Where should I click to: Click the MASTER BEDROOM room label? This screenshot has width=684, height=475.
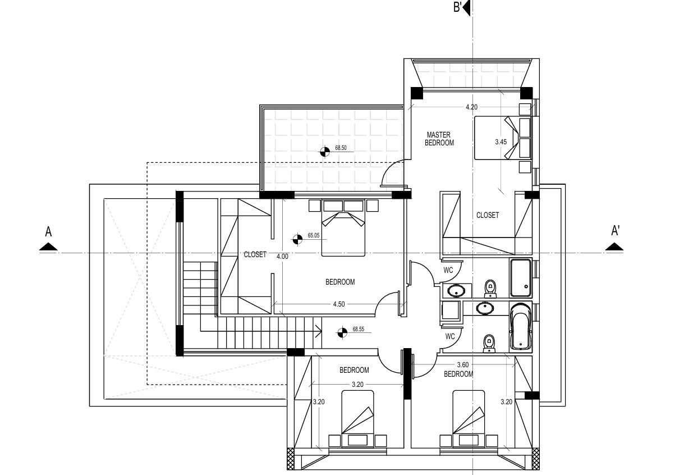(x=440, y=139)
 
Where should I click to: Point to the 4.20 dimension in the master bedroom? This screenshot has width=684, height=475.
(x=471, y=107)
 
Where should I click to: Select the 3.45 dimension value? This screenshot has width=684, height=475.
(x=501, y=142)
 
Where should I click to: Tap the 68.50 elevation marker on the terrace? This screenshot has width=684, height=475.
(x=324, y=150)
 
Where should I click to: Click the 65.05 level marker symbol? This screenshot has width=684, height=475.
(x=297, y=239)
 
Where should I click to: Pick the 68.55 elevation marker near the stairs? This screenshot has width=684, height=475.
(x=341, y=333)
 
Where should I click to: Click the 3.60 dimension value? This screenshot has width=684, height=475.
(x=463, y=365)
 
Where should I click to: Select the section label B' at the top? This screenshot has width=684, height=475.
(x=457, y=7)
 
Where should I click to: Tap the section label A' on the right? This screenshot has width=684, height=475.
(x=615, y=231)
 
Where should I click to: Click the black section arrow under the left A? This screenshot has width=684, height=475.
(x=48, y=246)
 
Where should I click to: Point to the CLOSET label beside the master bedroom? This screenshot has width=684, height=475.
(x=487, y=215)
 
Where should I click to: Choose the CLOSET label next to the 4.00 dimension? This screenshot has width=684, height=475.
(x=255, y=254)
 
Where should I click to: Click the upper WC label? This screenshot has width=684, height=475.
(x=448, y=270)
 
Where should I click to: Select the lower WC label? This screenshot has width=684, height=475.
(x=449, y=336)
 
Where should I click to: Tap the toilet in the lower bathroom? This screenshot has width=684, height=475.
(x=489, y=343)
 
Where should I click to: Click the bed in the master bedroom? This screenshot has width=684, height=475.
(x=497, y=138)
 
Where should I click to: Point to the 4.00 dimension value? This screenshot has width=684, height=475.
(x=282, y=257)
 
